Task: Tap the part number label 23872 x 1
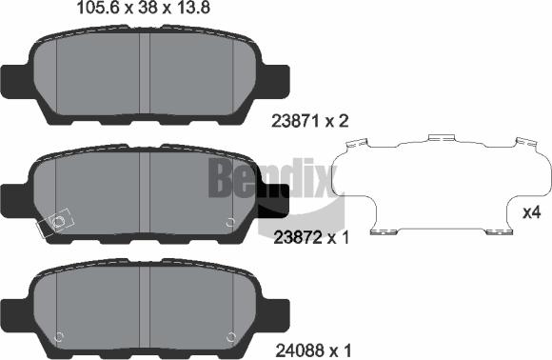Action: [310, 237]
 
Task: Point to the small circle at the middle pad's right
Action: [229, 223]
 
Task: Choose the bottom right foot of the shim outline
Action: [492, 230]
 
